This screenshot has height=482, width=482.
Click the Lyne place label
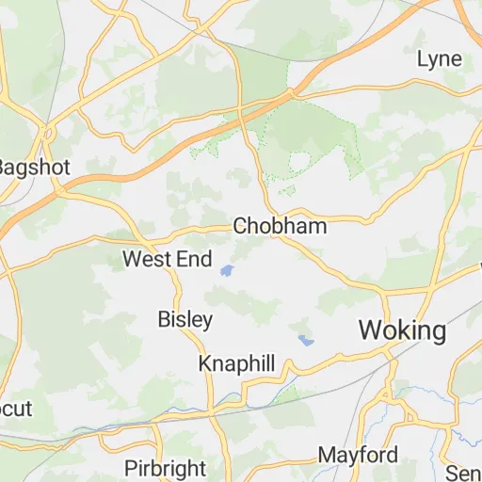point(440,59)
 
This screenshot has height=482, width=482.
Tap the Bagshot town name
point(28,167)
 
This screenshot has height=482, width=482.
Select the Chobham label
point(280,226)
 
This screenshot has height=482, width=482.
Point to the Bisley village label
point(185,319)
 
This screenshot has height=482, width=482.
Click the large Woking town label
point(402,330)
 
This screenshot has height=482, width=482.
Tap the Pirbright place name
point(165,468)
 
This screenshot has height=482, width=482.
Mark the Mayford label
point(357,455)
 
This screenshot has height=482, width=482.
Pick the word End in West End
point(194,259)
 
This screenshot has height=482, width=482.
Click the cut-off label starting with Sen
point(465,471)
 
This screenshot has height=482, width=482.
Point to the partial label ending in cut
point(16,409)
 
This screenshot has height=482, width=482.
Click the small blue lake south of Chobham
point(227,272)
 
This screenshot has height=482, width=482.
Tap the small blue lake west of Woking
point(304,340)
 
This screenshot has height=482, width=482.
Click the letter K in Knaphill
point(204,364)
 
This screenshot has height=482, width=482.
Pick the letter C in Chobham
point(239,226)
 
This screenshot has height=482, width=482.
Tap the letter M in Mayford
point(326,455)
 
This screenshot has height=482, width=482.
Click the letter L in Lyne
point(422,59)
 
